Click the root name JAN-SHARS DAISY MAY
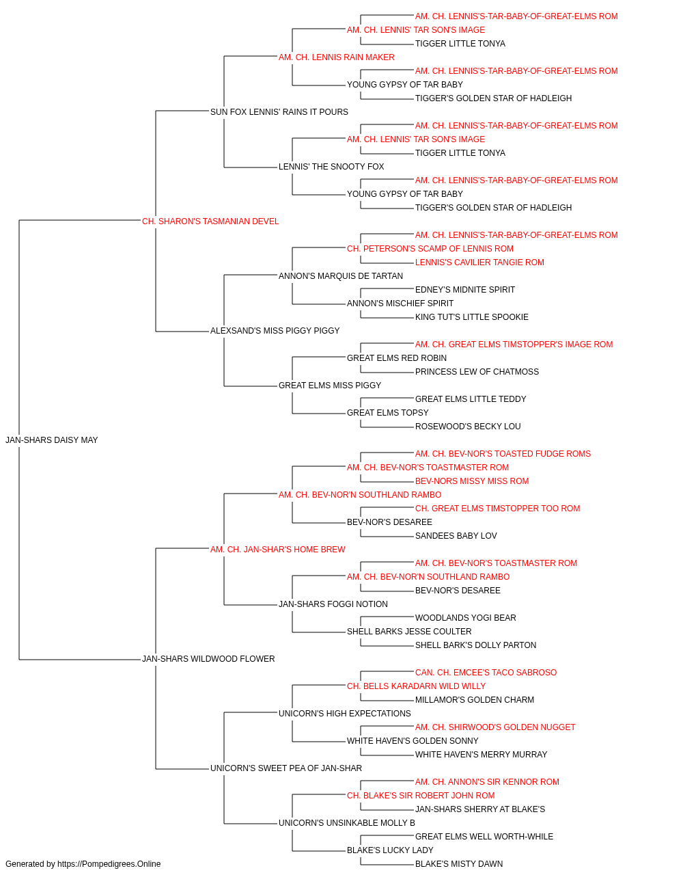[51, 440]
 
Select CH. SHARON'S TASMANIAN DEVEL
[210, 221]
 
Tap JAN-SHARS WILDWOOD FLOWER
[208, 659]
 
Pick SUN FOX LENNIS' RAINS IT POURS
[279, 112]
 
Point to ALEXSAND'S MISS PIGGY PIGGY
[275, 331]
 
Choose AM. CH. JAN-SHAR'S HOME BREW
[277, 549]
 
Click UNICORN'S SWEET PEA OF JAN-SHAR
[286, 768]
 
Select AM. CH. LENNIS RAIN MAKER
[336, 57]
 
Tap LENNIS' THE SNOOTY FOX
[331, 167]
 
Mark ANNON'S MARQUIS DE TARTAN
[341, 275]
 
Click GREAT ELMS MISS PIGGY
[330, 386]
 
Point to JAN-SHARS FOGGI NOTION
[333, 604]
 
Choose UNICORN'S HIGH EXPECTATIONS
[345, 713]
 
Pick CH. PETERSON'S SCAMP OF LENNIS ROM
[430, 249]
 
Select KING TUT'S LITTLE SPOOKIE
[471, 317]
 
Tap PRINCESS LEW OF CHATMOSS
[477, 372]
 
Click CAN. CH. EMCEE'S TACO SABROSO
[486, 673]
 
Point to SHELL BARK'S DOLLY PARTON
[475, 645]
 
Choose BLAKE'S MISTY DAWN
[458, 864]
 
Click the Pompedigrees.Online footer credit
[83, 864]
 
